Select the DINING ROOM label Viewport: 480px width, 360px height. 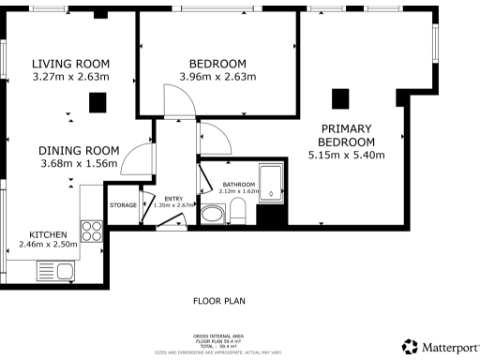pos(79,150)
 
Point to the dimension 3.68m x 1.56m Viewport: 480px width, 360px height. pos(79,163)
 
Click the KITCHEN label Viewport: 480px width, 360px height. pos(47,233)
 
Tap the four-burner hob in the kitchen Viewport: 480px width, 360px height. pos(92,231)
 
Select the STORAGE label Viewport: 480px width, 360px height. pos(123,204)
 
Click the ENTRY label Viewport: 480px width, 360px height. pos(174,199)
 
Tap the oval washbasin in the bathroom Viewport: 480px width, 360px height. pos(213,216)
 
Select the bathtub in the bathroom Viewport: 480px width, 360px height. pos(272,183)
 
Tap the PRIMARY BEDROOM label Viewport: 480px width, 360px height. pos(347,135)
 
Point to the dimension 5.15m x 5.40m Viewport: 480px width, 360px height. pos(347,156)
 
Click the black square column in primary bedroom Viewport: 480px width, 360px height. pos(341,97)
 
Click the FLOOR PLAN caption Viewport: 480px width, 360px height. pos(218,302)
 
